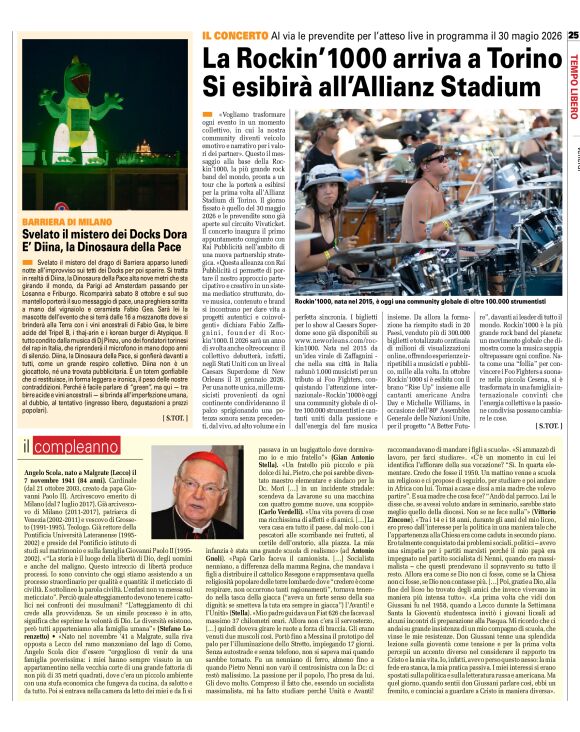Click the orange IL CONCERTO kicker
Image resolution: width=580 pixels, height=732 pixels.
coord(233,35)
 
